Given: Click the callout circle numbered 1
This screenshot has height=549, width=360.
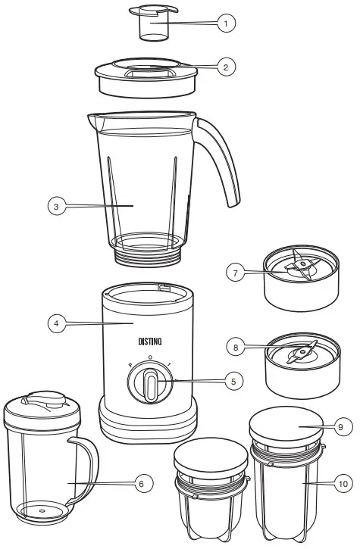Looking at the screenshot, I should click(x=225, y=24).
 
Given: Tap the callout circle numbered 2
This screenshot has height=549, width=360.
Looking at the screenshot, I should click(x=225, y=67).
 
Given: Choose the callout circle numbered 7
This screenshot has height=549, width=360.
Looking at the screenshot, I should click(x=237, y=273).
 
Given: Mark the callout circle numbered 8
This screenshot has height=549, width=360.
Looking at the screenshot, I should click(x=237, y=348).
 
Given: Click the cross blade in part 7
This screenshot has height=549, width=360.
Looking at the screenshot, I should click(x=290, y=267).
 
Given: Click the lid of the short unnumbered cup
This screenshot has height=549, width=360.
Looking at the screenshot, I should click(x=211, y=457).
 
